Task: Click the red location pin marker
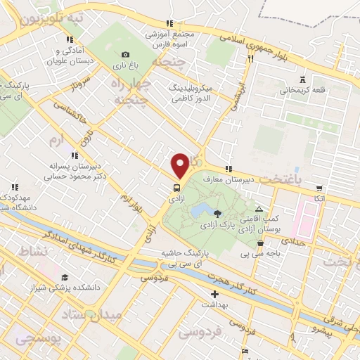tap(180, 165)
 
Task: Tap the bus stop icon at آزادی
tap(176, 188)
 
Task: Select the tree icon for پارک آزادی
tap(217, 214)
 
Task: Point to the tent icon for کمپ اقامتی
tap(259, 209)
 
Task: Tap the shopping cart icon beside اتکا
tap(320, 188)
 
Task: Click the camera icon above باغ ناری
tap(125, 55)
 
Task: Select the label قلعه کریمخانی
tap(302, 91)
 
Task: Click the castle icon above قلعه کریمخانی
tap(302, 79)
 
